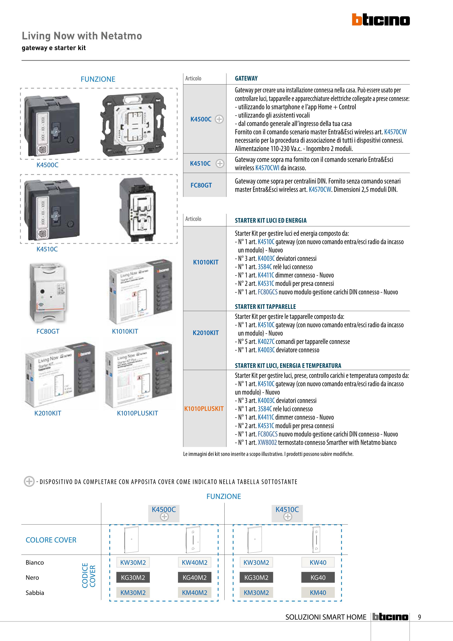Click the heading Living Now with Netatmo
point(82,36)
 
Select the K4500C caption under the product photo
point(48,165)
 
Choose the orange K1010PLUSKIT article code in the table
point(204,409)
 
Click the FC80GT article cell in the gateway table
point(201,185)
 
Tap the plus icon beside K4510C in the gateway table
point(220,164)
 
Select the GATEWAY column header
point(246,78)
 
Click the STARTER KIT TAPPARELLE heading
point(265,307)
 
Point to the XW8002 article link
point(267,442)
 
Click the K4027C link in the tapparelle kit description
point(266,342)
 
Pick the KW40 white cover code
point(318,563)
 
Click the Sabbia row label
point(35,593)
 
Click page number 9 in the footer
point(419,617)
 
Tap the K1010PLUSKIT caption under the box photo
point(137,413)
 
